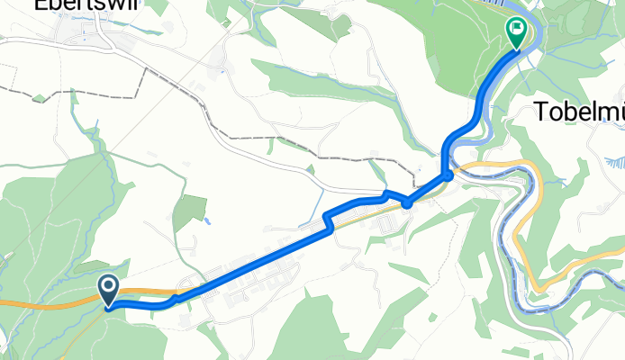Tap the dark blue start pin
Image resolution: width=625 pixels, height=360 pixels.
coord(109,291)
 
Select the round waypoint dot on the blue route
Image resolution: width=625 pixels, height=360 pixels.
coord(407,203)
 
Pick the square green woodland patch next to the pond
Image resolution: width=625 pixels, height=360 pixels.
coord(189,211)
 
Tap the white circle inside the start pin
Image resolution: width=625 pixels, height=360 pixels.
coord(109,287)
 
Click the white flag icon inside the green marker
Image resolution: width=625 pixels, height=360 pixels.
coord(517,29)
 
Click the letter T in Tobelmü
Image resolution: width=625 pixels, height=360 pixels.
coord(544,112)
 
